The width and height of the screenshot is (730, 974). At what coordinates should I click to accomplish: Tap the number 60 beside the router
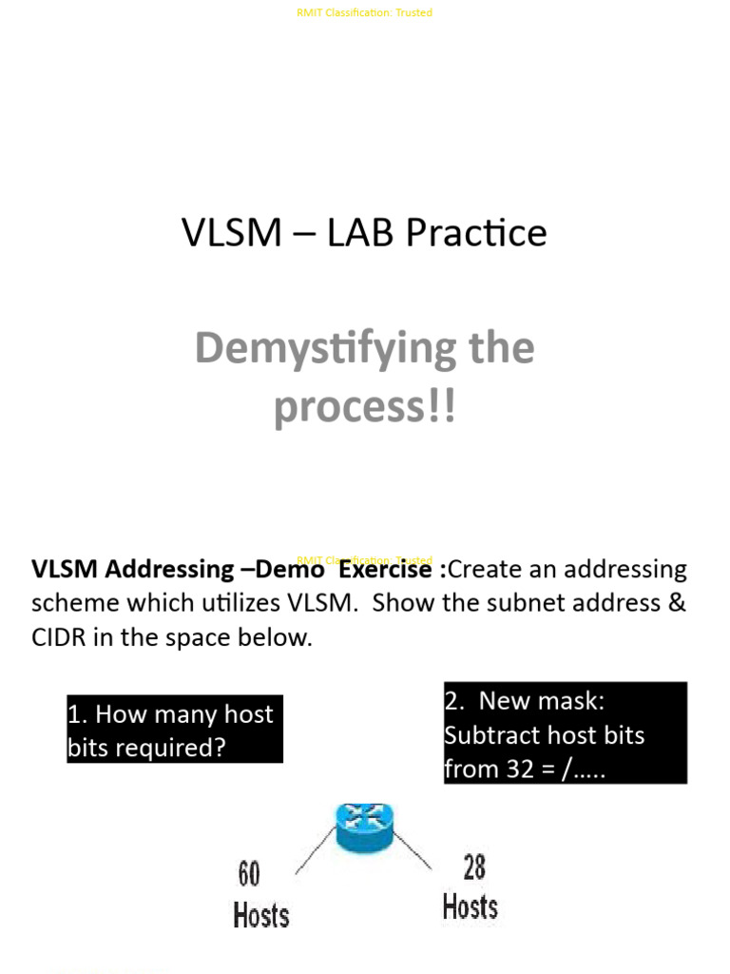249,873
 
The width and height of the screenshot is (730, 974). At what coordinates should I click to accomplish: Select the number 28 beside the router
473,867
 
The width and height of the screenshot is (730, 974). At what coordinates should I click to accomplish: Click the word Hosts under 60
261,915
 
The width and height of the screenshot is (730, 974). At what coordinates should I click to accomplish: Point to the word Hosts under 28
470,906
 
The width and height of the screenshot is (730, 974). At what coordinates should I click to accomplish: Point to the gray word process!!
365,407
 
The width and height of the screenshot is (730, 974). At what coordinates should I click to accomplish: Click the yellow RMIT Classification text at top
365,12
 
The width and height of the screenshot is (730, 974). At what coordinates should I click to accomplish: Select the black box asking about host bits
175,730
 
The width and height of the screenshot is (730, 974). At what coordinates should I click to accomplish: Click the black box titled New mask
565,733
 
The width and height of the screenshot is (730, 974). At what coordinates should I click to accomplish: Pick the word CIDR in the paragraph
59,638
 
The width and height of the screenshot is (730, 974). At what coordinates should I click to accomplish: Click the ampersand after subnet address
677,604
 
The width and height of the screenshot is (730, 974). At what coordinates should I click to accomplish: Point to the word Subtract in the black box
490,735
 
